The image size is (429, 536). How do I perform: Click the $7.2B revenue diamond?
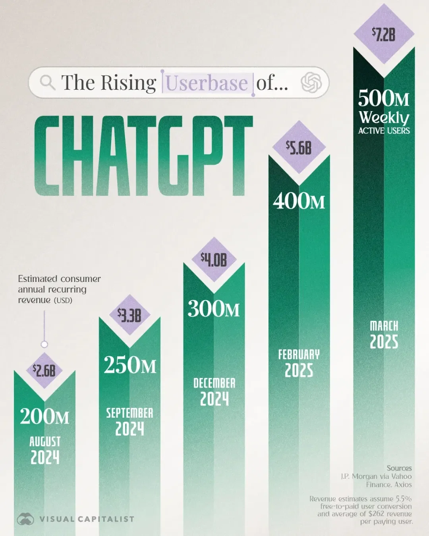(x=384, y=35)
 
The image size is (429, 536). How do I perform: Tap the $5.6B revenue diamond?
(x=299, y=148)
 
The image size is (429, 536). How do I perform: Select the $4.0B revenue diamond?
(x=214, y=260)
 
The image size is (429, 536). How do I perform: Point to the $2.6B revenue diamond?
(x=44, y=370)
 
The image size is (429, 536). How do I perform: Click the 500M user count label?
(x=384, y=98)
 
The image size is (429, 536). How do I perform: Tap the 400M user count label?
(x=299, y=201)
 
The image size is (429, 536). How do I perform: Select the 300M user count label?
(x=214, y=308)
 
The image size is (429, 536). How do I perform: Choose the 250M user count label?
(x=130, y=364)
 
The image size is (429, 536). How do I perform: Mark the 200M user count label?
(x=44, y=416)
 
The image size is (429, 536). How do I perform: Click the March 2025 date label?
(x=384, y=334)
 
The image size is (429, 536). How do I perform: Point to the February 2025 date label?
(x=299, y=363)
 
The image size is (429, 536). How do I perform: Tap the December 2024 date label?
(x=214, y=391)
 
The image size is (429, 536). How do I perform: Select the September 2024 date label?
(x=129, y=421)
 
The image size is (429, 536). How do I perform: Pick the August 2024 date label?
(x=45, y=450)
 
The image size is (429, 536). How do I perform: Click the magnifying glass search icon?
(x=47, y=83)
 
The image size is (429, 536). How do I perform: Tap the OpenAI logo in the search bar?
(x=311, y=83)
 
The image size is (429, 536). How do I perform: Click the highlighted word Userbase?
(x=207, y=83)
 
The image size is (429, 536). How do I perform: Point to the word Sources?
(x=399, y=468)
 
